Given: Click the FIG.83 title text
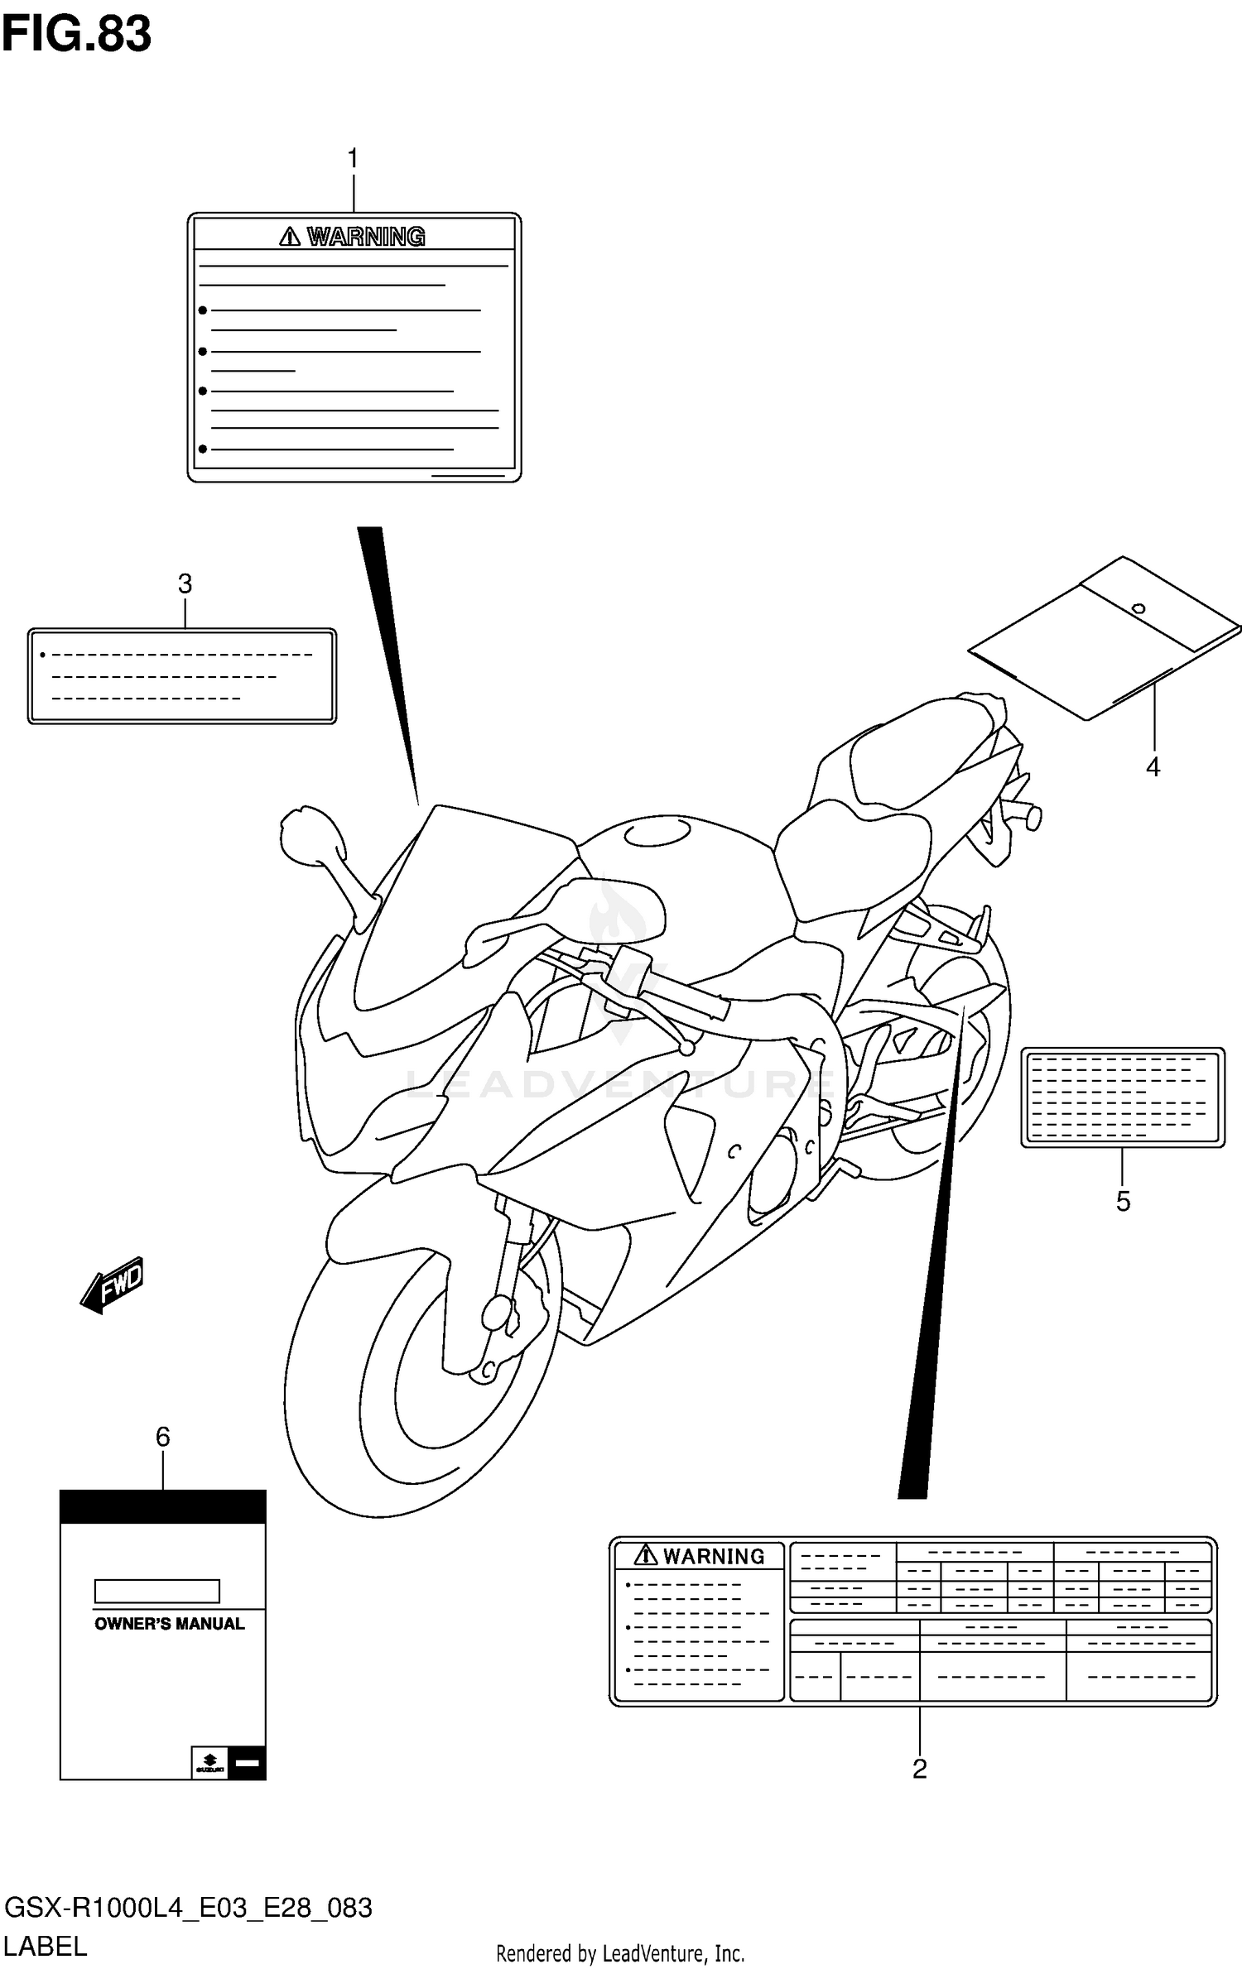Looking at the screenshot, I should pos(76,35).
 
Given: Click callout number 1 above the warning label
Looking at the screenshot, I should pos(354,158).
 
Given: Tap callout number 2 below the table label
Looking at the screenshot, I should pos(919,1769).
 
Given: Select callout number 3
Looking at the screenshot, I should pos(185,584).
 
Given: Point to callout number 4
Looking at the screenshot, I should pos(1153,767).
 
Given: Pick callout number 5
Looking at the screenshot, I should pos(1123,1201).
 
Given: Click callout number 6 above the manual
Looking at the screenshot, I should pos(163,1437).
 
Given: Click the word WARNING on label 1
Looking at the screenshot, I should pos(366,238).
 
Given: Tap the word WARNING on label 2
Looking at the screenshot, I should pos(714,1557).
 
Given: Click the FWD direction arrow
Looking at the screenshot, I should pos(113,1285).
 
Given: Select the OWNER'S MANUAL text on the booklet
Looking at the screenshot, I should pos(170,1624).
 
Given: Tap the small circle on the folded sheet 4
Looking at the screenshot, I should pos(1138,609).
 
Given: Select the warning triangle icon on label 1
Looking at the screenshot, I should pos(289,238).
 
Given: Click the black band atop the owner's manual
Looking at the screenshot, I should pos(163,1506).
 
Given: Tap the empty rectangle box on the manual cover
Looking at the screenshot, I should pos(156,1591).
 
